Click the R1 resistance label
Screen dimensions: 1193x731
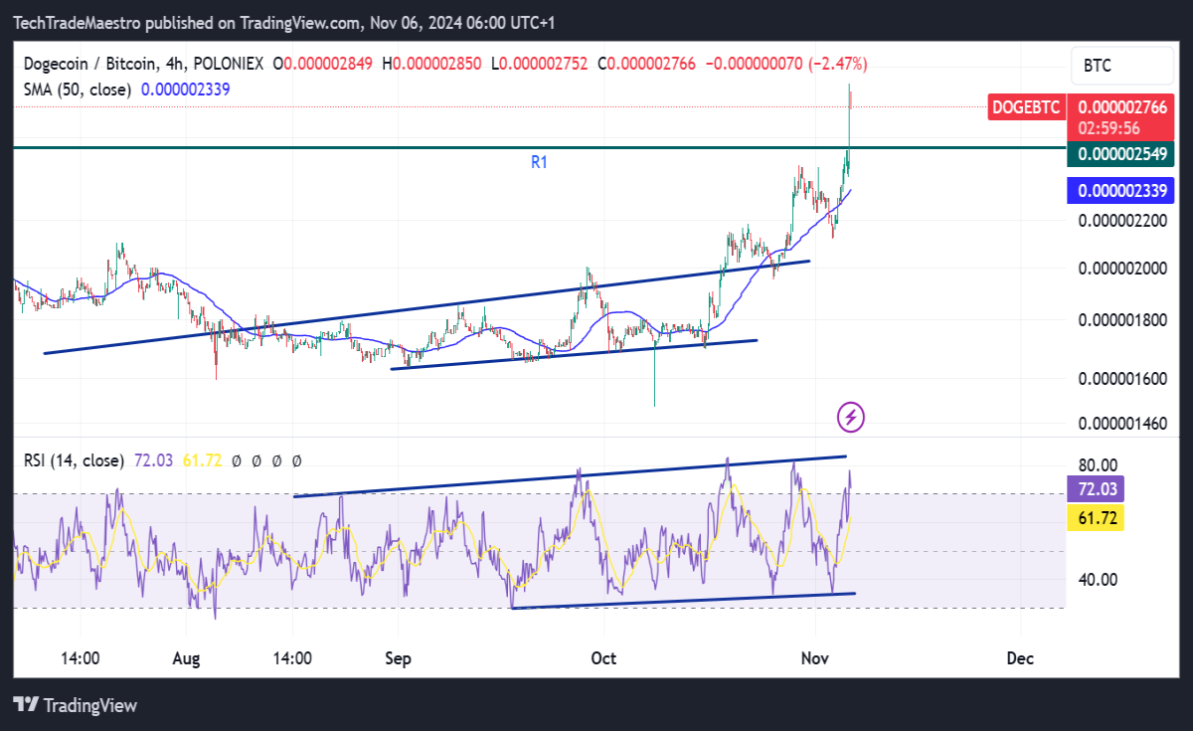pos(539,162)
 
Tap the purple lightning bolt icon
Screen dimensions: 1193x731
pos(851,417)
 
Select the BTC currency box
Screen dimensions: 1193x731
pos(1122,66)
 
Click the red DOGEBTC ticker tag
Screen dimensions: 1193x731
pos(1026,107)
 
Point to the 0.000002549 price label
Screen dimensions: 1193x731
pos(1120,154)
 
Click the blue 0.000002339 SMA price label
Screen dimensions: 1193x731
pos(1120,191)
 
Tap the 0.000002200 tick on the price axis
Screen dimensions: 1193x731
pos(1122,221)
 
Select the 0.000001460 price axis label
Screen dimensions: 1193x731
pos(1122,424)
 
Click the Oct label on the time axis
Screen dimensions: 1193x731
pos(603,658)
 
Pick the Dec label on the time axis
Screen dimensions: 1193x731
pos(1020,658)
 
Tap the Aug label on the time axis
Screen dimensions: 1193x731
pos(186,659)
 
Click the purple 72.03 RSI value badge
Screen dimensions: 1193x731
pos(1096,489)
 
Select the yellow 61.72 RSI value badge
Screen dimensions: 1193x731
pos(1096,518)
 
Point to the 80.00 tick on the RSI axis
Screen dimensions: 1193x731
pos(1098,465)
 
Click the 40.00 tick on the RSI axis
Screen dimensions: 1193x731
pos(1098,580)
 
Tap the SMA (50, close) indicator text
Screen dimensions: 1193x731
pos(78,90)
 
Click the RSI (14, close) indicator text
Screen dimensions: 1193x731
pos(74,460)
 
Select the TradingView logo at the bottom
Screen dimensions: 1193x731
pos(76,705)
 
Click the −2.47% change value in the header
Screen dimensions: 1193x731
pos(838,64)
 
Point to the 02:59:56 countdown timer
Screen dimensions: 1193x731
pos(1109,128)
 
